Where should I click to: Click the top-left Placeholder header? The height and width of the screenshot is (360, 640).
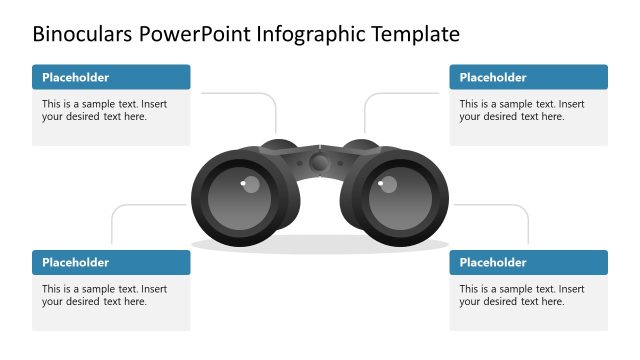[76, 77]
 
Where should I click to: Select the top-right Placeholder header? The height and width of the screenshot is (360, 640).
[493, 77]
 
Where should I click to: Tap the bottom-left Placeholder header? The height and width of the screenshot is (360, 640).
[76, 263]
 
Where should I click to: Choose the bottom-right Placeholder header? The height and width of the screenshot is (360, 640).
[493, 263]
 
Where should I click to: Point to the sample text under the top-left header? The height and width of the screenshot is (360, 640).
[104, 110]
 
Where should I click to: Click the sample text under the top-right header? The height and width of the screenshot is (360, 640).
[521, 110]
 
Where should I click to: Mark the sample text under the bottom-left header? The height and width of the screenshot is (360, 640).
[104, 295]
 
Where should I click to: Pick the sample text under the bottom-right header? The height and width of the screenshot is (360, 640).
[521, 295]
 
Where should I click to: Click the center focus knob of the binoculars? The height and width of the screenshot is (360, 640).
[319, 161]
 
